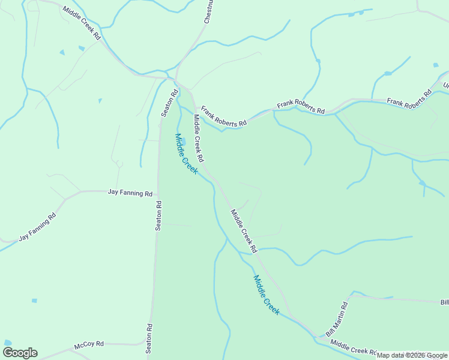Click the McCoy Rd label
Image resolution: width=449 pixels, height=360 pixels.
[x=89, y=345]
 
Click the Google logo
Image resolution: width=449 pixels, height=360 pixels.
[x=20, y=352]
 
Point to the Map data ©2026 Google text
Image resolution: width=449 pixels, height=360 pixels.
[x=412, y=356]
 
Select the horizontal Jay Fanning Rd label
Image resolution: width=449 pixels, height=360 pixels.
[x=130, y=193]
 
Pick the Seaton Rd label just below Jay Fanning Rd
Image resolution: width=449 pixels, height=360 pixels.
[x=158, y=215]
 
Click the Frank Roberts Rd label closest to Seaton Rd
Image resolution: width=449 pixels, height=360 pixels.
[x=223, y=116]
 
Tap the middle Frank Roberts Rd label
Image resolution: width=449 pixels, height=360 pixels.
[x=300, y=107]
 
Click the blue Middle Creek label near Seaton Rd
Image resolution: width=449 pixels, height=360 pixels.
[x=186, y=154]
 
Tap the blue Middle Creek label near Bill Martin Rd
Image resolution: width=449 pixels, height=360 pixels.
[x=266, y=295]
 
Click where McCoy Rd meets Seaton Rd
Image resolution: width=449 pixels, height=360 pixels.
[x=148, y=345]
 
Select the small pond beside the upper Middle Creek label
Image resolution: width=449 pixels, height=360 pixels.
[x=182, y=142]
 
